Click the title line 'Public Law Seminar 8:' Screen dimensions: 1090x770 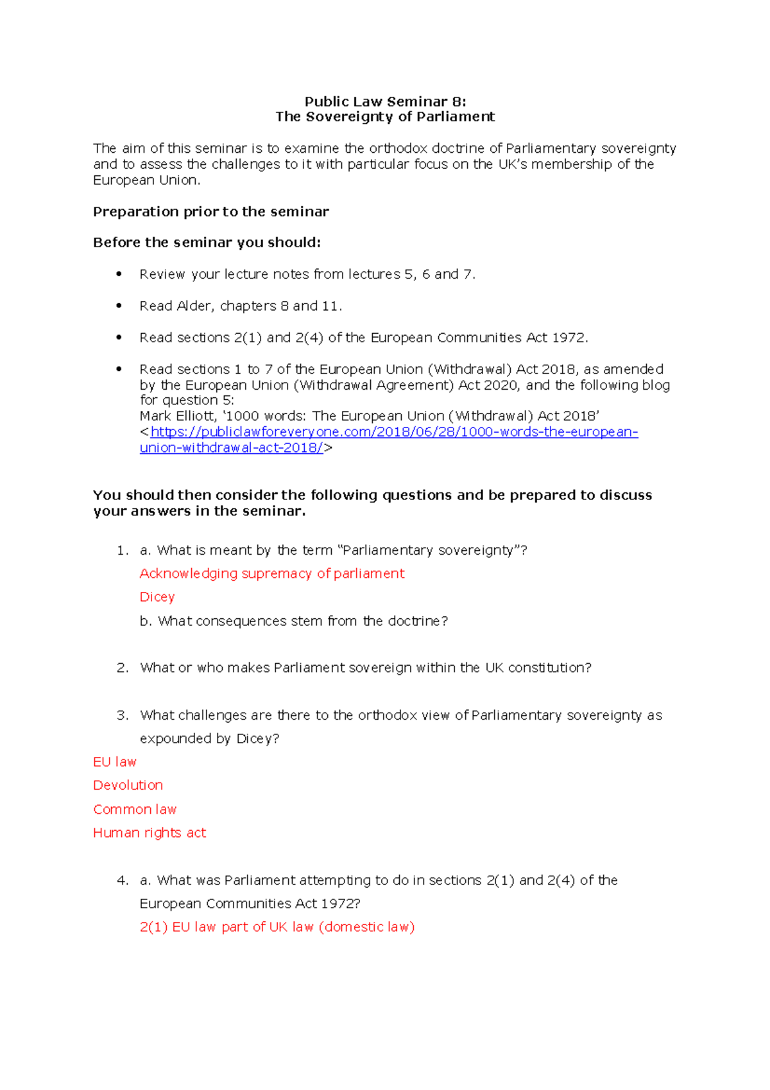385,101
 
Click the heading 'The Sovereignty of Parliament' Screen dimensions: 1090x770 385,117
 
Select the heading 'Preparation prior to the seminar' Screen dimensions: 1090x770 210,212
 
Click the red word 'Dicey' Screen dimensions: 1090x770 157,597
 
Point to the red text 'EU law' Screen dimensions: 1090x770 115,762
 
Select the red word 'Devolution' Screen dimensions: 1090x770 128,785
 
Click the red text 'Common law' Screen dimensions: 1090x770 135,809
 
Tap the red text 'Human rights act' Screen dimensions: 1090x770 150,833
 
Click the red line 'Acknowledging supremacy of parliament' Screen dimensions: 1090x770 271,573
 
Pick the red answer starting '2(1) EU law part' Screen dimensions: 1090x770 277,927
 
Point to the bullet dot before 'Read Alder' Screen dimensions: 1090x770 119,306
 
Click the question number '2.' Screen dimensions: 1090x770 123,668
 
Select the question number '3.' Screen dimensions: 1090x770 123,715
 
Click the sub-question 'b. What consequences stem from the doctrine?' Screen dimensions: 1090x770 293,621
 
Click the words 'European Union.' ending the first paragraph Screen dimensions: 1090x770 146,180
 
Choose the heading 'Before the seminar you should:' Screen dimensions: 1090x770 207,243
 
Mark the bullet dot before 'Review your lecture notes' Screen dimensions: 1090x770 119,273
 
